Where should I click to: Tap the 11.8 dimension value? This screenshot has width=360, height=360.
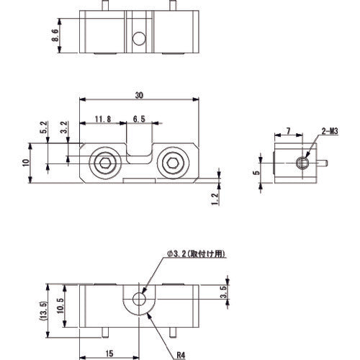click(101, 120)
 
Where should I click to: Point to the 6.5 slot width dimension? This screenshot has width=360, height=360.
click(140, 120)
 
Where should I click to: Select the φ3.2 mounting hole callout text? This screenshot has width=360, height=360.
click(196, 253)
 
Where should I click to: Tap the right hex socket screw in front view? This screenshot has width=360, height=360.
click(174, 165)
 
